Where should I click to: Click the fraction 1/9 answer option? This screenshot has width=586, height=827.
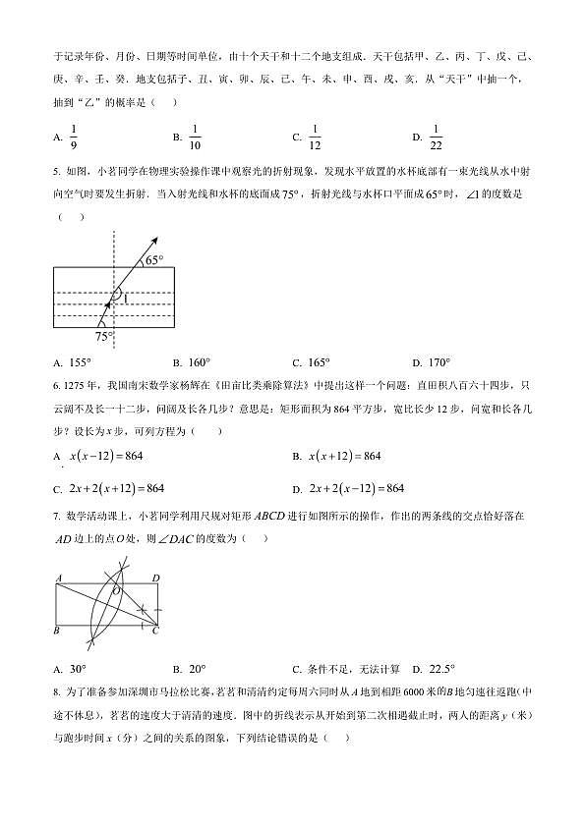pyautogui.click(x=72, y=137)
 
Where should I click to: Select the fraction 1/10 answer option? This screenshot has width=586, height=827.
pyautogui.click(x=194, y=137)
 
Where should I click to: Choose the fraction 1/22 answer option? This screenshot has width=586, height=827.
pyautogui.click(x=436, y=137)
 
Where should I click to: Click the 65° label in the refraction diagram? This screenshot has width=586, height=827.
pyautogui.click(x=155, y=260)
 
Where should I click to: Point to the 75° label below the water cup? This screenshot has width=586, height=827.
pyautogui.click(x=103, y=336)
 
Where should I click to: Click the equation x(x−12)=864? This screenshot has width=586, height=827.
pyautogui.click(x=106, y=456)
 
